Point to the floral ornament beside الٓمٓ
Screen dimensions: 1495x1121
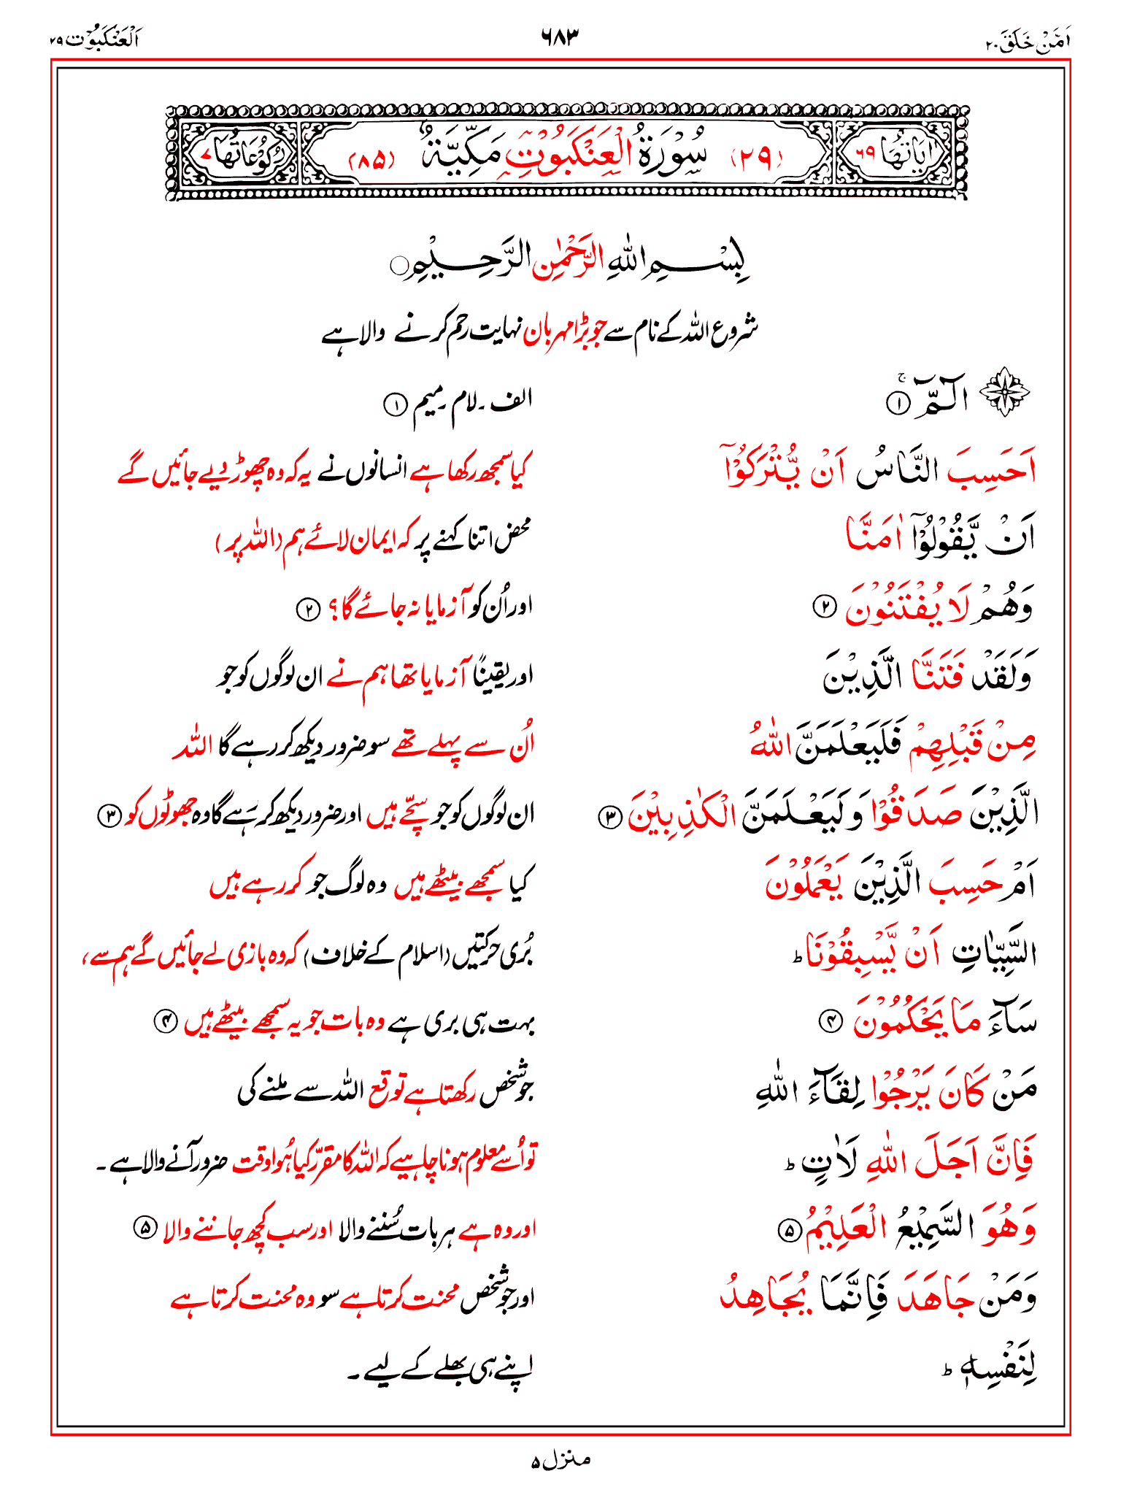coord(1004,393)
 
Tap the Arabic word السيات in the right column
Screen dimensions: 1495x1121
coord(994,953)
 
